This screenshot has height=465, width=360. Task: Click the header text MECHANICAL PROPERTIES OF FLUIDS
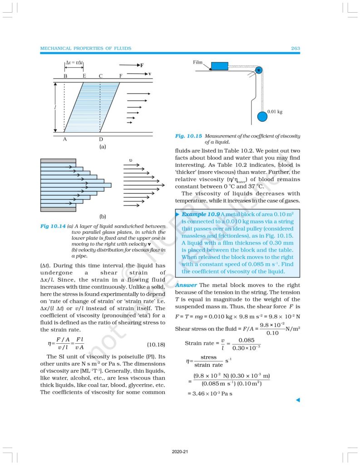coord(86,48)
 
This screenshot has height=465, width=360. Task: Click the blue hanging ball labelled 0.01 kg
coord(262,116)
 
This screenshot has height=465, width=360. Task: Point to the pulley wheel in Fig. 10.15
coord(258,70)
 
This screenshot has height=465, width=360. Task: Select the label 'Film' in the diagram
coord(197,62)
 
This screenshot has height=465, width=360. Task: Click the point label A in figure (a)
coord(65,139)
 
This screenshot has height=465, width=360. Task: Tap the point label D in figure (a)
coord(101,139)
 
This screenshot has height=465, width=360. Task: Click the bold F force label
coord(142,65)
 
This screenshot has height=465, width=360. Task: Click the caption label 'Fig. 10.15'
coord(188,136)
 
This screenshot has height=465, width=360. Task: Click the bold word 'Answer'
coord(186,285)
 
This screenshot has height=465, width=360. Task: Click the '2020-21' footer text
coord(180,452)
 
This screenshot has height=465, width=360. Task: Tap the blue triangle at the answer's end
coord(298,400)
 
